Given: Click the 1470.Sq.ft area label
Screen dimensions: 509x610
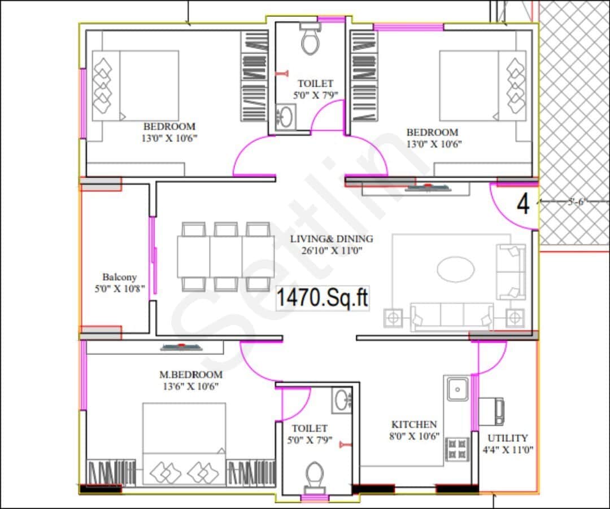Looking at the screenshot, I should coord(323,298).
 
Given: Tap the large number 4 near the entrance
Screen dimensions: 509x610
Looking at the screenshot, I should coord(524,204).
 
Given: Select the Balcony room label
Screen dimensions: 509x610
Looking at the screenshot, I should coord(119,277).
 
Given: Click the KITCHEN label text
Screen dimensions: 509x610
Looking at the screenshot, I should coord(414,424).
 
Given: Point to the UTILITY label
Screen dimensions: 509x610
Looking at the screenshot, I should coord(508,438).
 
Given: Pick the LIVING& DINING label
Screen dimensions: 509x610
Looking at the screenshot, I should coord(332,239).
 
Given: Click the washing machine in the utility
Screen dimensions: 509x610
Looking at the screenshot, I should coord(492,410).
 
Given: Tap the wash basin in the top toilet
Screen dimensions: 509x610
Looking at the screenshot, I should coord(286,117).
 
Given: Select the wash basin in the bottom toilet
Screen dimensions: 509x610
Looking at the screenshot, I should coord(342,400).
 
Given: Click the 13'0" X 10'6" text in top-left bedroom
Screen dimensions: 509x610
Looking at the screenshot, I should coord(169,138).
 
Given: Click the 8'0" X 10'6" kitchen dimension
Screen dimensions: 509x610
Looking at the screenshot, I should coord(414,436).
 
